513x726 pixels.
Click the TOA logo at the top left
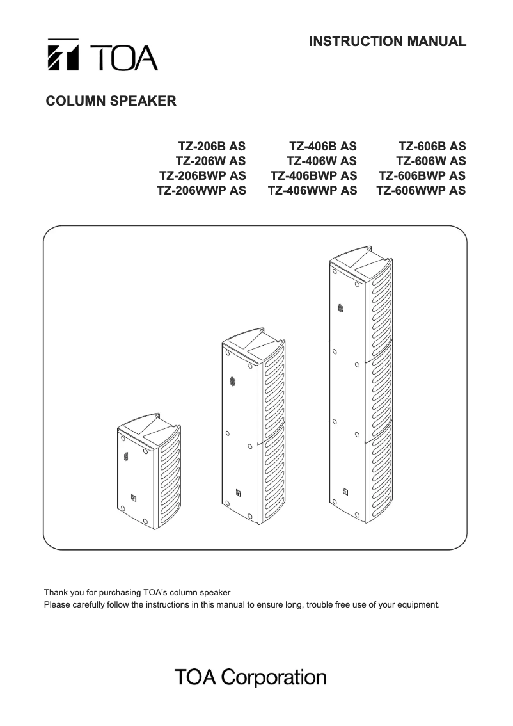[102, 56]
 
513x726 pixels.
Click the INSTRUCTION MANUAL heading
[388, 42]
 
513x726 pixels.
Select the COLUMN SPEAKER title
[111, 101]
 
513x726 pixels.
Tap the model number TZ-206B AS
[210, 146]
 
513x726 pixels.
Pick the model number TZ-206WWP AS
[201, 190]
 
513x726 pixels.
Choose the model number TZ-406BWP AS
[313, 175]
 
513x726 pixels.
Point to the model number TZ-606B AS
[432, 146]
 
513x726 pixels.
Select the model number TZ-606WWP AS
[421, 190]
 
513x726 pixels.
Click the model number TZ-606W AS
[431, 161]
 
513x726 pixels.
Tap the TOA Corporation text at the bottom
[250, 677]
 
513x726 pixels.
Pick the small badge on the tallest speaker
[345, 492]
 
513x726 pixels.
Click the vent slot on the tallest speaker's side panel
[339, 309]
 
